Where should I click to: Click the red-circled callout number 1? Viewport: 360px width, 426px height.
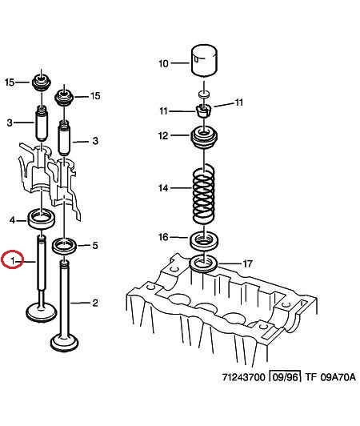point(13,261)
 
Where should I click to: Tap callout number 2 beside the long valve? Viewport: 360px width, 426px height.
point(95,303)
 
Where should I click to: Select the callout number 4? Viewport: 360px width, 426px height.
point(12,219)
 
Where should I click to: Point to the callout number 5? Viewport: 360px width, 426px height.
point(95,245)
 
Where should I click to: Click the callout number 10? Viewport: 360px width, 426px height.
point(163,63)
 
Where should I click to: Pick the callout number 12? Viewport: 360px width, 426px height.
point(163,135)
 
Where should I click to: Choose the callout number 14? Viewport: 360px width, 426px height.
point(163,187)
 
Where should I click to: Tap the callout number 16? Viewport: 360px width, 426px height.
point(163,237)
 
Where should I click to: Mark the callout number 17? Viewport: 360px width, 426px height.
point(247,263)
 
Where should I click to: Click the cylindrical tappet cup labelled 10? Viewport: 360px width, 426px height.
point(204,60)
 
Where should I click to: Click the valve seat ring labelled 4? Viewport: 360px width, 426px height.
point(42,219)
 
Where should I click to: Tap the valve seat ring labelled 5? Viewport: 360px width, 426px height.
point(65,246)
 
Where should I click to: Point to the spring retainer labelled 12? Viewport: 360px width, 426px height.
point(204,138)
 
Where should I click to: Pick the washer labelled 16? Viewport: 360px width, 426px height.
point(203,239)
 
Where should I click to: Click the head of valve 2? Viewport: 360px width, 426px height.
point(65,343)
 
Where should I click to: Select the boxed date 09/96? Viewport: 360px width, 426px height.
point(285,377)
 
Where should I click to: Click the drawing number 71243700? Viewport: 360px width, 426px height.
point(243,377)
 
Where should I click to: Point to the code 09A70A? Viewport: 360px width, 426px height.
point(338,377)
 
